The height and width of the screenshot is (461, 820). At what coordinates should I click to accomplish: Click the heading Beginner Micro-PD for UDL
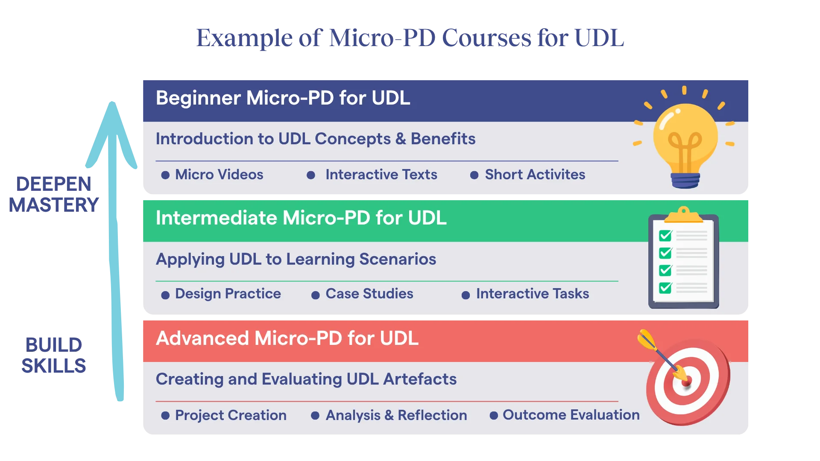[283, 98]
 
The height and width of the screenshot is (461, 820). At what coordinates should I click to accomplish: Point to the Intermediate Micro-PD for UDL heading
[301, 218]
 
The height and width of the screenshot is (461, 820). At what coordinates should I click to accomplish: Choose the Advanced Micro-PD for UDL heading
[287, 338]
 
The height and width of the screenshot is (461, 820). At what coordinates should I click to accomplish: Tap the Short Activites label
[535, 175]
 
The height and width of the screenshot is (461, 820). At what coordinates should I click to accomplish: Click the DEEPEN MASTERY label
[54, 195]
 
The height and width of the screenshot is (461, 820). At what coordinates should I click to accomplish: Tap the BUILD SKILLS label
[54, 356]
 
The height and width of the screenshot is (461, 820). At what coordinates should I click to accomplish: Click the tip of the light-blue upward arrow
[112, 102]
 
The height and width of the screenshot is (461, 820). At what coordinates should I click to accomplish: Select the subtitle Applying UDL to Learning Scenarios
[296, 259]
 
